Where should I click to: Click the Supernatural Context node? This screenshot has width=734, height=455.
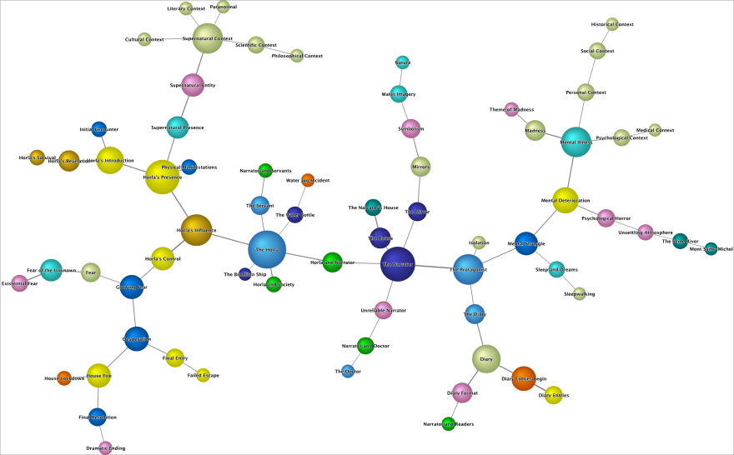pos(207,38)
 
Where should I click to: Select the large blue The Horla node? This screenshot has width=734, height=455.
pos(267,249)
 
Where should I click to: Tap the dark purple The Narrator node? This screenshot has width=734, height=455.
pos(398,264)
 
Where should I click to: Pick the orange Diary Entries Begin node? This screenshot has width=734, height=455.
pos(524,378)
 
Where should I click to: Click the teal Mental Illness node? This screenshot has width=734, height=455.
pos(576,142)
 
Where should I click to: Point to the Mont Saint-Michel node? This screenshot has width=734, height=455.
pos(711,248)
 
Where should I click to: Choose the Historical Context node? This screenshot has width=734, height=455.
pos(612,24)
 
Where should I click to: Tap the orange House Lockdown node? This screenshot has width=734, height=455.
pos(64,378)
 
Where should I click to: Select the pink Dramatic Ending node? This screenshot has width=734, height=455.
pos(106,448)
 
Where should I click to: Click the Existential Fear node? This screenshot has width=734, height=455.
pos(19,283)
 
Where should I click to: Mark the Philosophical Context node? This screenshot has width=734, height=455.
pos(297,56)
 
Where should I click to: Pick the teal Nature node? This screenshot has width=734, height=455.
pos(403,62)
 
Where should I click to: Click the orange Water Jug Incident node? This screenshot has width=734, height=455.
pos(308,180)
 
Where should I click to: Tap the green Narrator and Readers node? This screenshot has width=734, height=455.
pos(449,423)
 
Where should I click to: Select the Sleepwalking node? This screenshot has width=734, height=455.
pos(580,293)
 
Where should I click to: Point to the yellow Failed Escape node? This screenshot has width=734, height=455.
pos(204,375)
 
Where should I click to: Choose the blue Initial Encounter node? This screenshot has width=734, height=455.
pos(99,129)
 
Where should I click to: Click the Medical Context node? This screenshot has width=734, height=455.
pos(655,130)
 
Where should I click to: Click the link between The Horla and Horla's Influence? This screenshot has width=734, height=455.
pos(232,240)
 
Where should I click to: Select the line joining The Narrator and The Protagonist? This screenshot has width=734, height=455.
pos(434,267)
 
